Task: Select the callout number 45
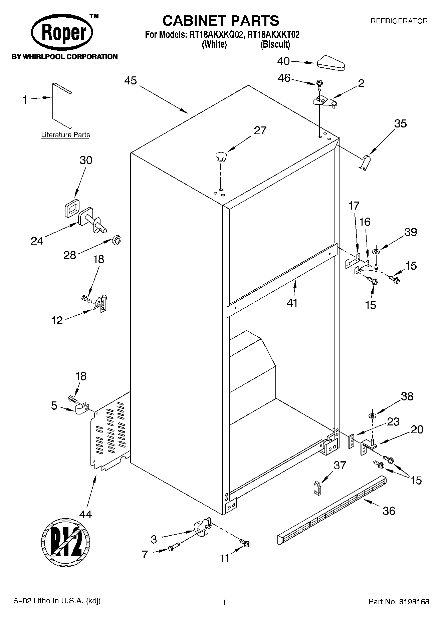131,81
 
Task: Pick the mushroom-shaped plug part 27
221,157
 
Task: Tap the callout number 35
400,123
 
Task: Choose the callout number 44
85,514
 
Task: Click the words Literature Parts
65,135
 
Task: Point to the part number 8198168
414,602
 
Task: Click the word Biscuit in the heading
275,44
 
